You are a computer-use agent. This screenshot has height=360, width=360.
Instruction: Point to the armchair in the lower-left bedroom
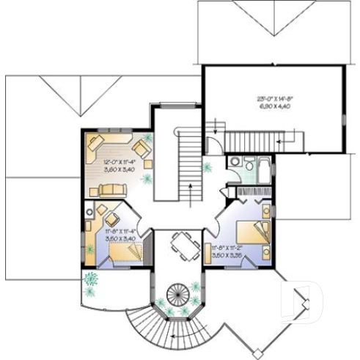pyautogui.click(x=112, y=218)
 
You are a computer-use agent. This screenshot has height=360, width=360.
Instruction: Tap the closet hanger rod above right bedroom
pyautogui.click(x=249, y=192)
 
